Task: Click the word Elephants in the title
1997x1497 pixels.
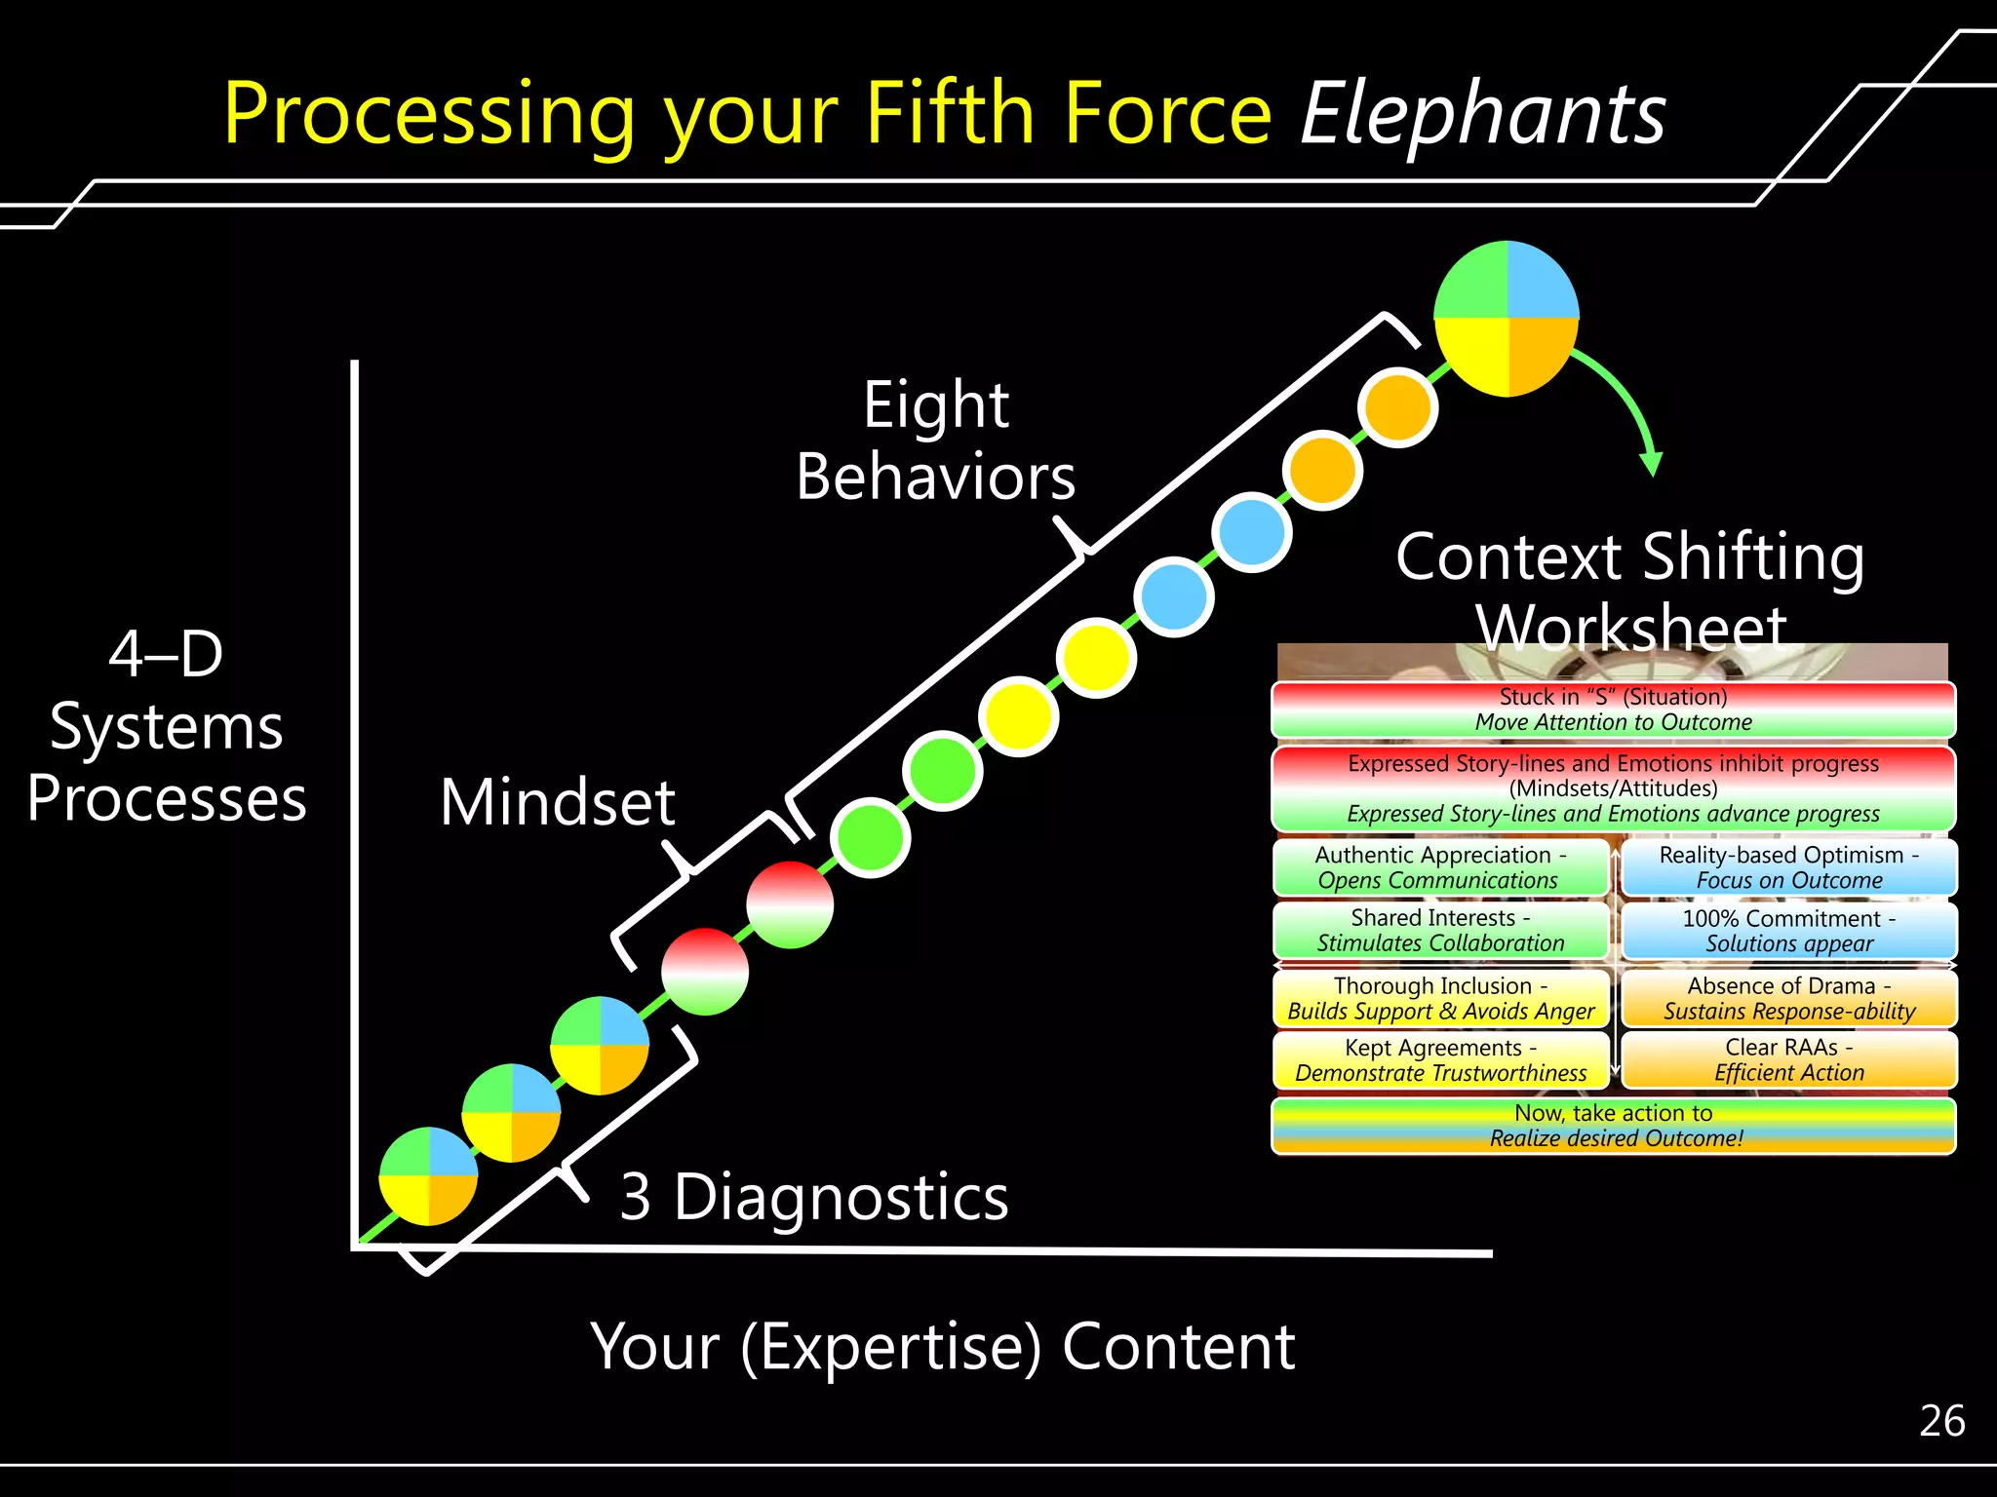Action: [1482, 115]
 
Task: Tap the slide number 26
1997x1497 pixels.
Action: [1941, 1421]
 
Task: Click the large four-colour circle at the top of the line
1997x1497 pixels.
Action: [1507, 319]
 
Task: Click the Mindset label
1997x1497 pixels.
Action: [557, 803]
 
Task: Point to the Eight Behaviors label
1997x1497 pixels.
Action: [935, 441]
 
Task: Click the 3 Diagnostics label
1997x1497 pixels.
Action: [814, 1197]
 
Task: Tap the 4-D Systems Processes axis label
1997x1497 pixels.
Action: [167, 726]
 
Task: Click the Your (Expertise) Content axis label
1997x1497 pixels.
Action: [942, 1347]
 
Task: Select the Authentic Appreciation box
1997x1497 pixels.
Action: [1439, 867]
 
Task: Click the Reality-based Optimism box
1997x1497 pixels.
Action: [1788, 867]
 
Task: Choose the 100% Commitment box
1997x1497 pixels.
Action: [1788, 931]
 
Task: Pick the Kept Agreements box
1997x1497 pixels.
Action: [1439, 1060]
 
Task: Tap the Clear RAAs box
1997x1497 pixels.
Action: [1788, 1060]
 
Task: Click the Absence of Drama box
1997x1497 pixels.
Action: [1788, 998]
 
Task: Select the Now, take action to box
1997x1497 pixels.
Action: [1613, 1126]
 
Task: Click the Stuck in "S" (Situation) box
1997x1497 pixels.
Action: [1613, 710]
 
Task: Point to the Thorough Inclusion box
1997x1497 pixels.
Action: [1439, 998]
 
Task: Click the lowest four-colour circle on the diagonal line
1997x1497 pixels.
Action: [428, 1176]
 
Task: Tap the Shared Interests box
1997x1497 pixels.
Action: [1439, 931]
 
